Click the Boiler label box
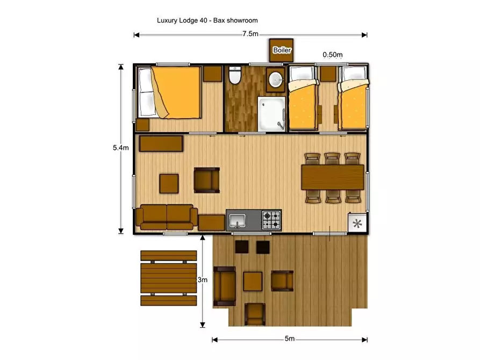tap(282, 51)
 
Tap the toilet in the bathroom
tap(234, 77)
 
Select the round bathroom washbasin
tap(276, 80)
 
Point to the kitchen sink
tap(237, 220)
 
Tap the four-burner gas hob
tap(271, 220)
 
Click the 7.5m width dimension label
tap(250, 34)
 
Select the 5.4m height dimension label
tap(120, 148)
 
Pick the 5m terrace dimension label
tap(290, 339)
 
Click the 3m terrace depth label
tap(202, 280)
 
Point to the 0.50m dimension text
tap(333, 55)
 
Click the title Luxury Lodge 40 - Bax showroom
tap(207, 20)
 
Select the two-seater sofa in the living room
tap(166, 217)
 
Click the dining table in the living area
tap(333, 177)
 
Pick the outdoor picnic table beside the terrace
tap(168, 278)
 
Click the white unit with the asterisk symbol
tap(356, 223)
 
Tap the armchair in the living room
tap(206, 180)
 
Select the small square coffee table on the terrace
tap(253, 280)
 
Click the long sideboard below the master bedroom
tap(161, 143)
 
